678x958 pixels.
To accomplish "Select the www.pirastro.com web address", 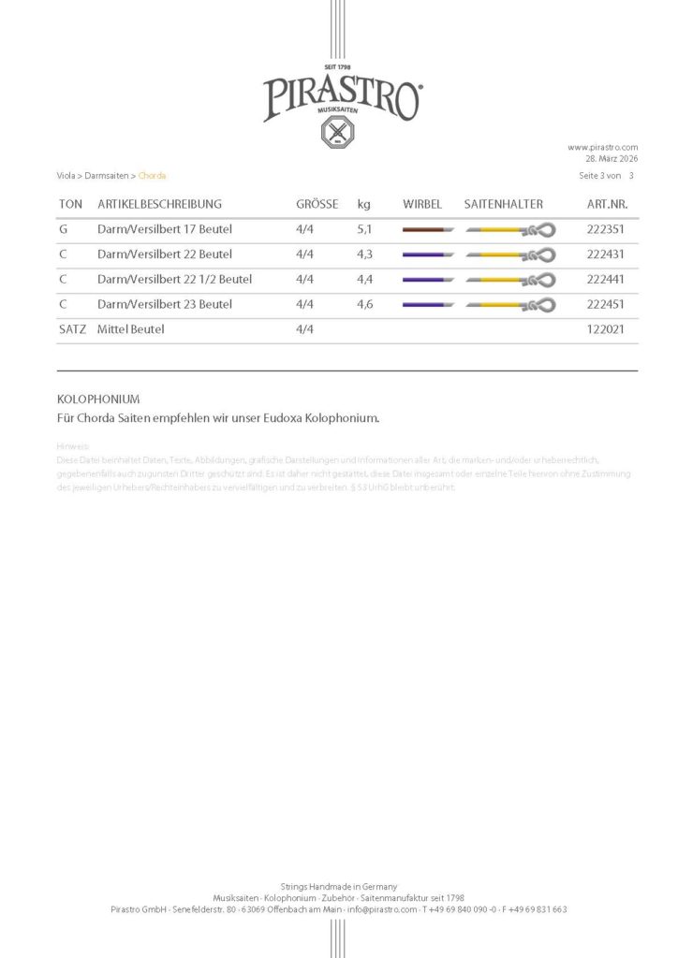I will pos(602,147).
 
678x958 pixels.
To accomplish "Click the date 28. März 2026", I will pos(611,158).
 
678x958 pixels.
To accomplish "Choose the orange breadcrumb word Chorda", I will pos(152,176).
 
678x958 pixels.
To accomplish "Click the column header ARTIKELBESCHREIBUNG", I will pos(159,204).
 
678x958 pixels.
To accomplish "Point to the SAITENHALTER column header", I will pos(503,204).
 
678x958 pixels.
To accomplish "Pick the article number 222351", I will pos(605,229).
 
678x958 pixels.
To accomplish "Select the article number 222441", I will pos(605,279).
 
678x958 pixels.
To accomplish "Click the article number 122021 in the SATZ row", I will pos(605,329).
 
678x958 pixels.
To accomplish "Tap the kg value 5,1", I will pos(364,229).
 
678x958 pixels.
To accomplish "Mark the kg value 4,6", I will pos(364,304).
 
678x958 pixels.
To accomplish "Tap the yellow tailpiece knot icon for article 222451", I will pos(510,304).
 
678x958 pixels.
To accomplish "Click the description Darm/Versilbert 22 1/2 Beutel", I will pos(174,279).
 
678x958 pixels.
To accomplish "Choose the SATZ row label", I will pos(72,329).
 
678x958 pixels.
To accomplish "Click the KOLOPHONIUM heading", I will pos(98,399).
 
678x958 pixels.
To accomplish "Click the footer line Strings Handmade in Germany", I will pos(339,886).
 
